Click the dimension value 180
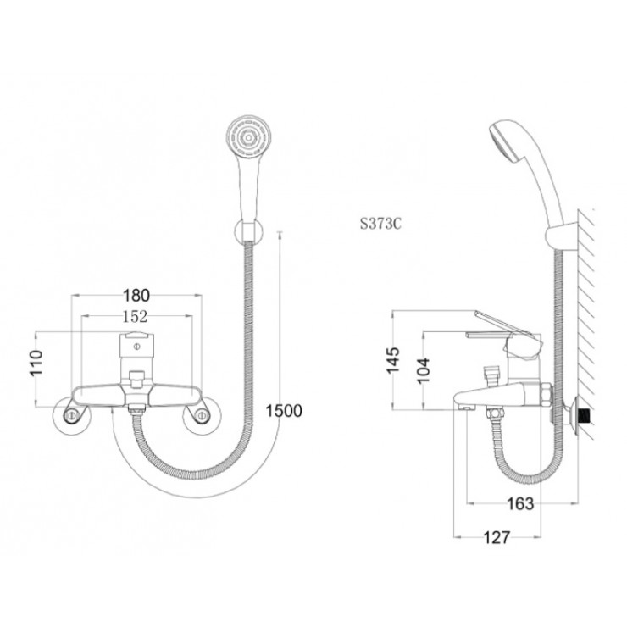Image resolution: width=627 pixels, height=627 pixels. tap(136, 296)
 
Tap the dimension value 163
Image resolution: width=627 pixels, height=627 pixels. tap(519, 503)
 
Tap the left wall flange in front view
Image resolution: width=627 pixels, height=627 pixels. tap(74, 415)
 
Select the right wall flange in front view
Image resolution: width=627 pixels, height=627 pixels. tap(203, 415)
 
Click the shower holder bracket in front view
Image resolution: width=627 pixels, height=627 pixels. tap(246, 229)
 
